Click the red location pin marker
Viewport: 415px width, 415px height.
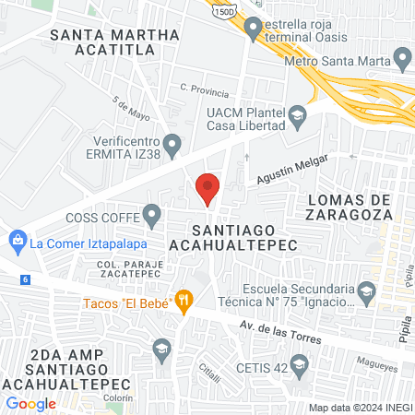click(x=207, y=188)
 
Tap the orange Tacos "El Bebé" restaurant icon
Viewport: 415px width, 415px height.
click(x=185, y=300)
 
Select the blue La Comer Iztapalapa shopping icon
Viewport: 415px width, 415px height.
click(x=17, y=243)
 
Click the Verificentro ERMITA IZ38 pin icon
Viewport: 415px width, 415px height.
click(x=173, y=145)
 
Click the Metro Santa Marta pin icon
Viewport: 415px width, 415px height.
click(x=402, y=61)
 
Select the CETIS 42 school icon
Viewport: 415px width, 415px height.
click(x=299, y=367)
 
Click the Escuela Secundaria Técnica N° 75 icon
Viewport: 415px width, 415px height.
click(x=366, y=293)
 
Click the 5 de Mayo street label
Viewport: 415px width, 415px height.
click(x=130, y=110)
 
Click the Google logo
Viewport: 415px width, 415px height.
click(x=30, y=403)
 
